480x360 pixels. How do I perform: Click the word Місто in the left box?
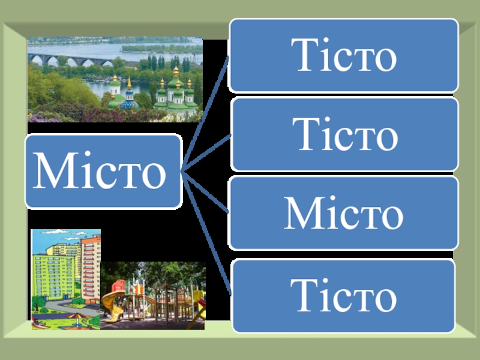point(102,172)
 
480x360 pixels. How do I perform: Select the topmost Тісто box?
point(344,55)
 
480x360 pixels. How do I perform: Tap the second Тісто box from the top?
point(344,134)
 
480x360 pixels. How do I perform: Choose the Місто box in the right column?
point(344,212)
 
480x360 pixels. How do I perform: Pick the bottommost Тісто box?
point(344,295)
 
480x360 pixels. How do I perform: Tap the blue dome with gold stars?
point(128,103)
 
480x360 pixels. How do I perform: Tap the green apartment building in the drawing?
point(51,273)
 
